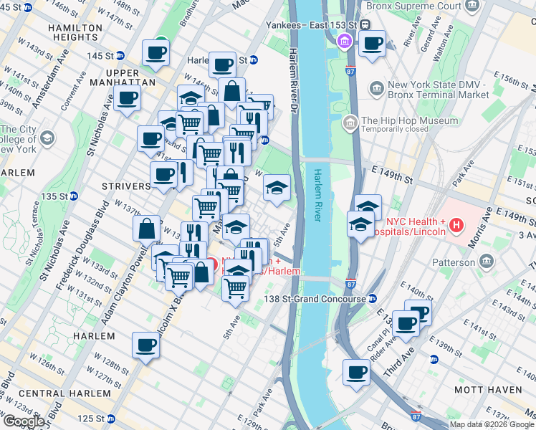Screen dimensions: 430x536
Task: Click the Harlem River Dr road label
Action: (x=293, y=79)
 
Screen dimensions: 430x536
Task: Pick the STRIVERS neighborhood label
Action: (x=126, y=186)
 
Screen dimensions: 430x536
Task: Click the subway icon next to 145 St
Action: (x=120, y=55)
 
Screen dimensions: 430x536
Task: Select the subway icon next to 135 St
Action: (x=73, y=196)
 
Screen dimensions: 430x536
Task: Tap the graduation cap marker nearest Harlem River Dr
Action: (x=277, y=188)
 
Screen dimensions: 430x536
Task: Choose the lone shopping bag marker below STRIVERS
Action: (x=146, y=229)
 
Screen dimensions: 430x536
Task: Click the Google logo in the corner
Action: (x=24, y=421)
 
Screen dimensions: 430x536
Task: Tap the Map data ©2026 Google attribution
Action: (x=492, y=424)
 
